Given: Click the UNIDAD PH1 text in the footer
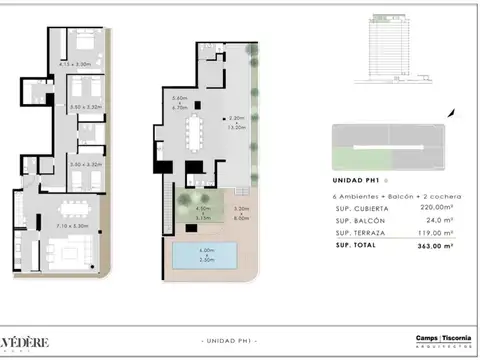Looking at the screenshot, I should pyautogui.click(x=228, y=341).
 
